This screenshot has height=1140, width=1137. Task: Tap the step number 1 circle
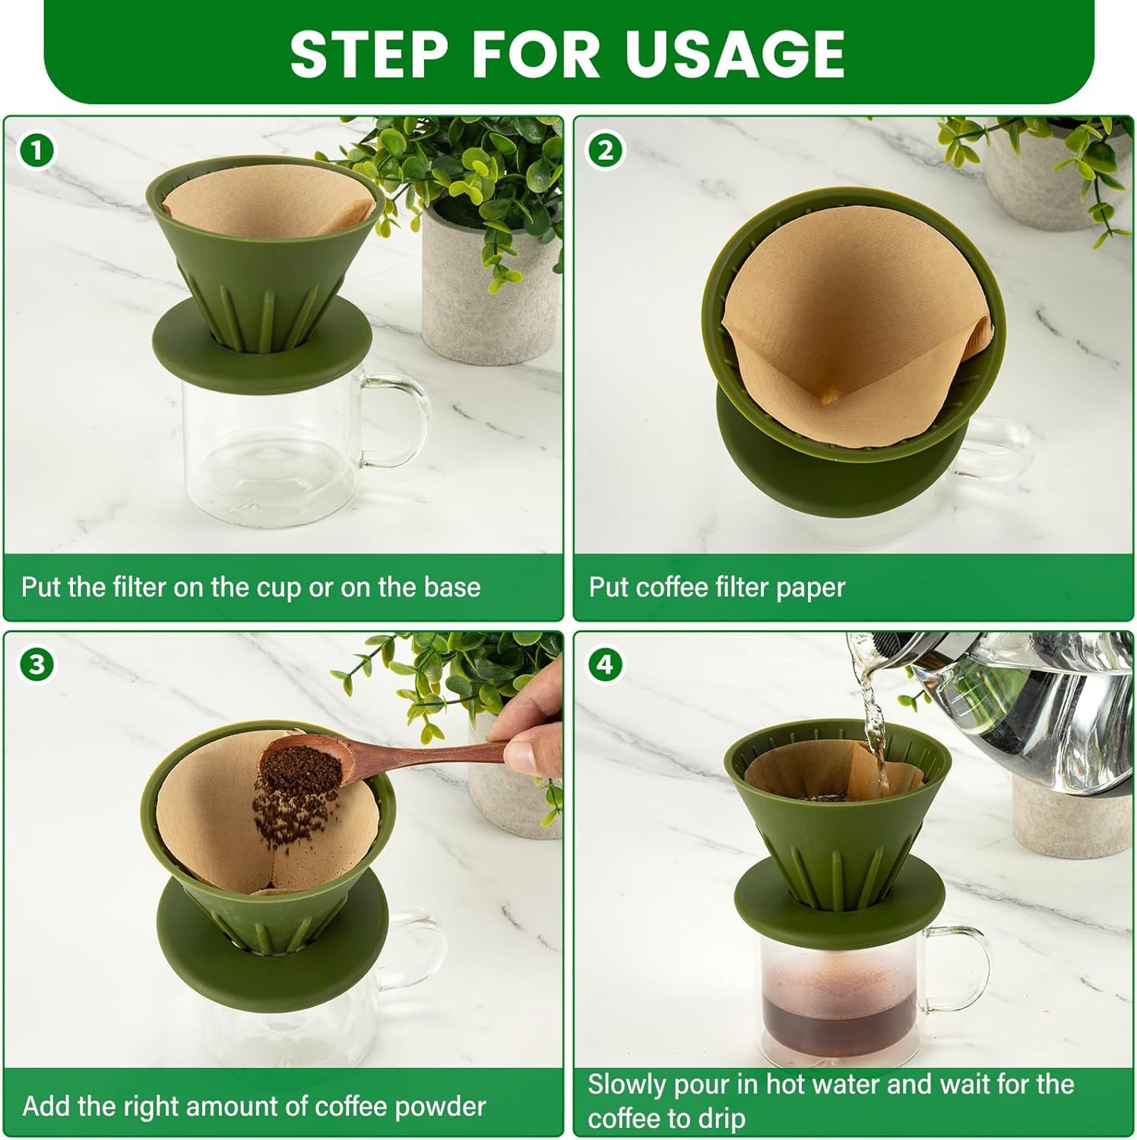click(x=36, y=150)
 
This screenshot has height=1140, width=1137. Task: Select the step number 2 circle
click(x=605, y=150)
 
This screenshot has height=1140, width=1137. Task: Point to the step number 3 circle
click(x=36, y=665)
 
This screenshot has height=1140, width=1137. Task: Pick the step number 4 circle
click(x=605, y=665)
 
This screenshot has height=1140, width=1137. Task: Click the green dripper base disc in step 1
click(x=261, y=338)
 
